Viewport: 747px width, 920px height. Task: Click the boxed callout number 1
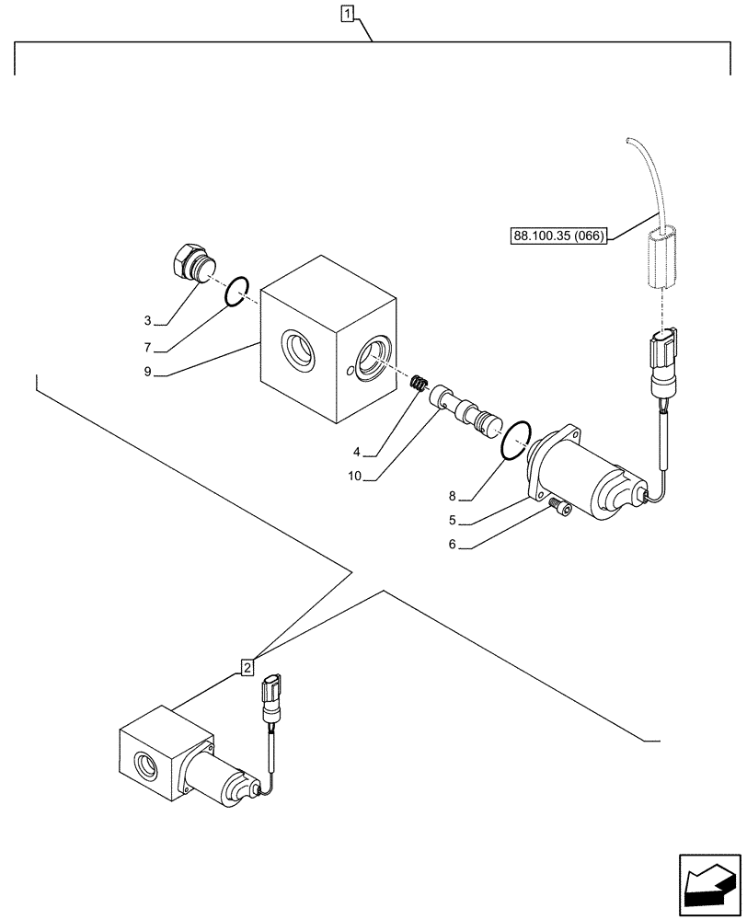[x=347, y=13]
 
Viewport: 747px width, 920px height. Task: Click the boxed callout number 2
[x=247, y=666]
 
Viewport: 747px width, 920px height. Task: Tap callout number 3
[x=147, y=321]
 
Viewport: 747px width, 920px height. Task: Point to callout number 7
[x=147, y=348]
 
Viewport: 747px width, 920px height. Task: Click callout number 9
[x=147, y=373]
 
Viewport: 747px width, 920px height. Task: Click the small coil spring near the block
[x=419, y=385]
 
